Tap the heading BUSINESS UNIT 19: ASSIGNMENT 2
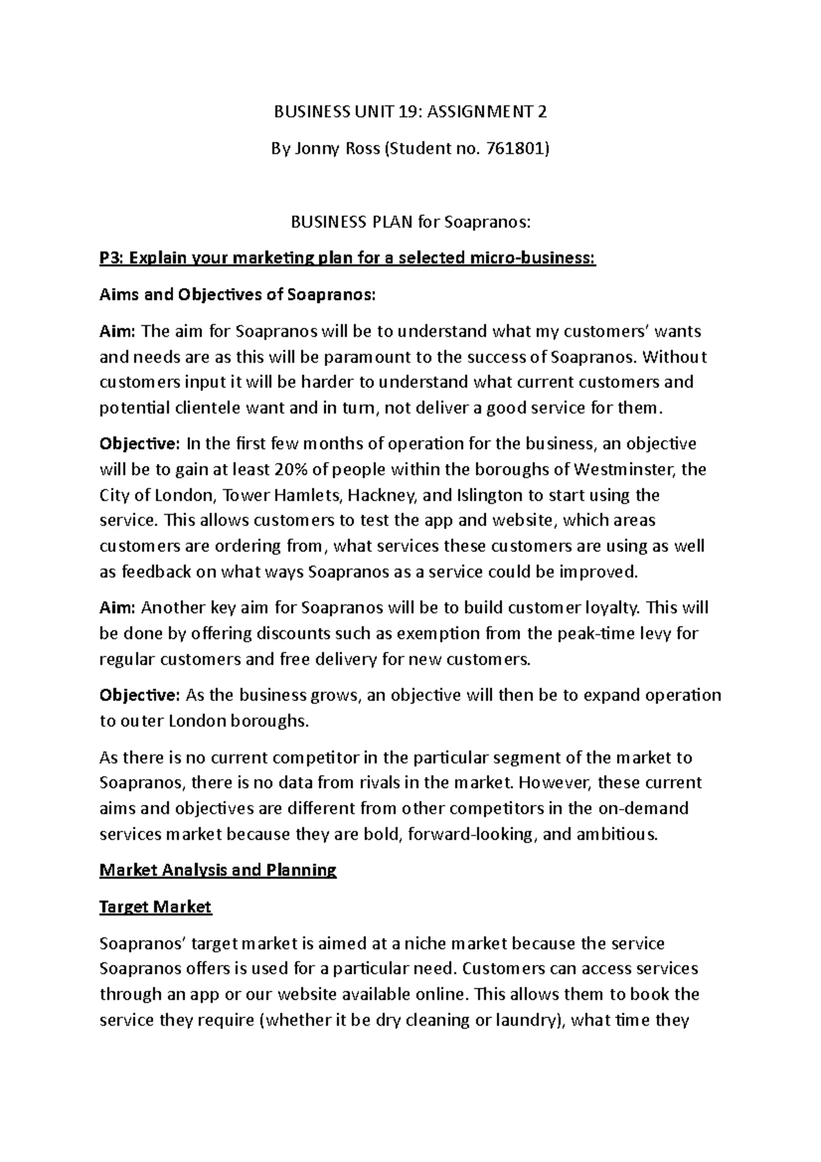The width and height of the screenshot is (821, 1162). pyautogui.click(x=410, y=112)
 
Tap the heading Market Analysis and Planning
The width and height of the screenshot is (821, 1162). pyautogui.click(x=218, y=870)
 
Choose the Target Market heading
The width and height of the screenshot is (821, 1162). pyautogui.click(x=155, y=907)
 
